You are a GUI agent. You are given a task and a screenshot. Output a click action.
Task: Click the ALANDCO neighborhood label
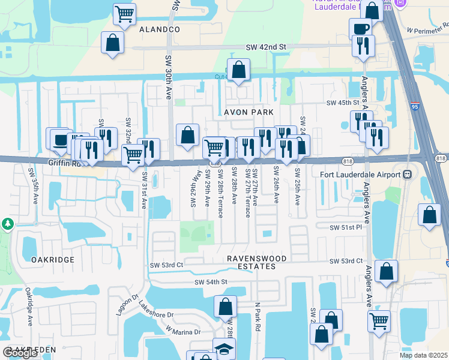160,29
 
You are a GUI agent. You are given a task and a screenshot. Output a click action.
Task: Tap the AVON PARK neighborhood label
249,112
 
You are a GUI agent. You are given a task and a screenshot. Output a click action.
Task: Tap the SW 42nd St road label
267,47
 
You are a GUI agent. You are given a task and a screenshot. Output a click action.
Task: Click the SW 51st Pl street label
345,227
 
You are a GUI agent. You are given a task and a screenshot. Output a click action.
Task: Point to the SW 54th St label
211,282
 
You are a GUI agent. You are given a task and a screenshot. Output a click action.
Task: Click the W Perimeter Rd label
427,29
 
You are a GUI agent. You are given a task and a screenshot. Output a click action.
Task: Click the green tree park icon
8,224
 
